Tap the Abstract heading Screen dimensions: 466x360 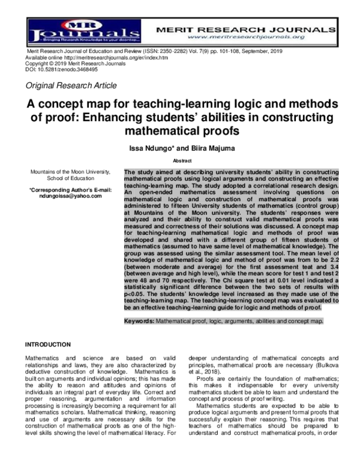(x=182, y=161)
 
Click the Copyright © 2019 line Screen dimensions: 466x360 (x=65, y=63)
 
